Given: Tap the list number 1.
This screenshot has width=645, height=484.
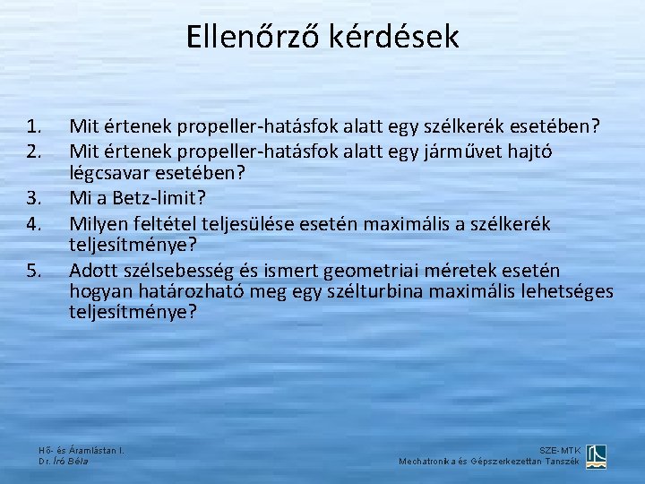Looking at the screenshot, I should point(35,126).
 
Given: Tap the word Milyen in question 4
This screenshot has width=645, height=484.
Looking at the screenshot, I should point(99,222).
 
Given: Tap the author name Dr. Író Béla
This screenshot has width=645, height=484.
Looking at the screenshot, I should point(64,461).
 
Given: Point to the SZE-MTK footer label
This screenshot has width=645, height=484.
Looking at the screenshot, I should point(560,450).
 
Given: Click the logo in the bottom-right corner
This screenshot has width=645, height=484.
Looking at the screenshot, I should point(596,456).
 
